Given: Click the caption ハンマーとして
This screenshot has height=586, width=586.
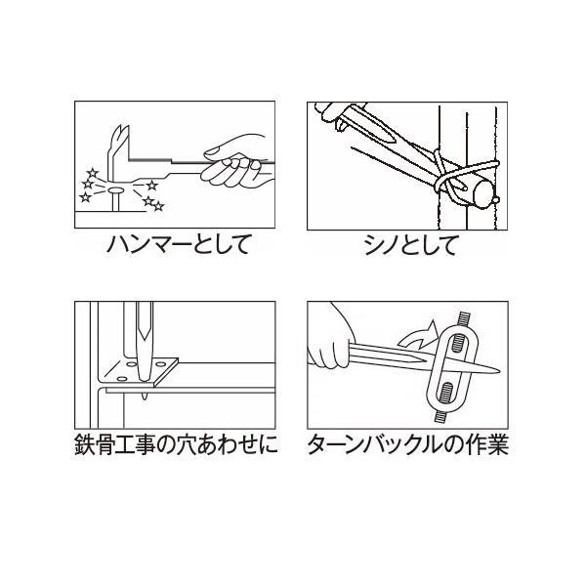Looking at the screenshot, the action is [178, 245].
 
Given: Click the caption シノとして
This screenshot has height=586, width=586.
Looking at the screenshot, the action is [411, 245].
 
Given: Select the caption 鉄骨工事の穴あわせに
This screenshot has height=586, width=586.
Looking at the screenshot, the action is [176, 444].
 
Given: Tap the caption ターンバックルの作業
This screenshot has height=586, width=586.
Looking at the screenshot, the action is [408, 444].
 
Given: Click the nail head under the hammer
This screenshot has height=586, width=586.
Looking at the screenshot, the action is [115, 191].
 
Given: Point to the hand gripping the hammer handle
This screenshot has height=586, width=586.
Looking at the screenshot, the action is [234, 161].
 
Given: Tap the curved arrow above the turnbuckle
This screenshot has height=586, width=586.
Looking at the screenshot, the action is [419, 334].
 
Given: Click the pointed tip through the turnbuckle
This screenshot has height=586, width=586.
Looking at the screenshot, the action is [497, 371].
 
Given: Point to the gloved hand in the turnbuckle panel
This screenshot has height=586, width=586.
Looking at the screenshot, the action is [329, 336].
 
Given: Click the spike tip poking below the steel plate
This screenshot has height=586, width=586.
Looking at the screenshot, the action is [145, 397].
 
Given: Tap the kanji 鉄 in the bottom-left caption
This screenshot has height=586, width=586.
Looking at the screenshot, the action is [84, 444].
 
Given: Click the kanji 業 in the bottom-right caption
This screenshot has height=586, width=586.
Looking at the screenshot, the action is [498, 444].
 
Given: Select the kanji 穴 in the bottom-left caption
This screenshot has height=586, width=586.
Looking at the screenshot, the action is [187, 444].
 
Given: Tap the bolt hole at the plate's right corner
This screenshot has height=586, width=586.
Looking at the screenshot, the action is [161, 363].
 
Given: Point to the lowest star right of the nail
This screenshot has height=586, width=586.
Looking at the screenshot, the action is [159, 206].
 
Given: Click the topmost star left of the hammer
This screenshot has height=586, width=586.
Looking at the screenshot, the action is [92, 173].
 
